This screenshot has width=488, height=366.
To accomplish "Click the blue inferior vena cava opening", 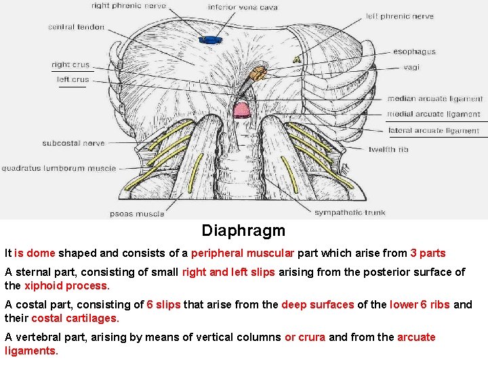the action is [x=210, y=39].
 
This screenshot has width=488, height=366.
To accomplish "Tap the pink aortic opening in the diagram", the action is [x=241, y=108].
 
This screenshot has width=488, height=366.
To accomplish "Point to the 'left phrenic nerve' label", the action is [x=400, y=16].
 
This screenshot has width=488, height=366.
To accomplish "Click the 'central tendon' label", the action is [x=76, y=27].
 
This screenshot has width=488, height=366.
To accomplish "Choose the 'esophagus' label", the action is [x=414, y=52].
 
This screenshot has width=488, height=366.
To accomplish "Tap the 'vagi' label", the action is [x=411, y=67].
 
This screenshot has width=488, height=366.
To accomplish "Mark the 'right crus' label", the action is [x=70, y=65].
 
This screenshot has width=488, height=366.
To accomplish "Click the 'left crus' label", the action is [x=73, y=79].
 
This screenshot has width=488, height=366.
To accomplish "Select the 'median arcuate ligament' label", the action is [x=435, y=99].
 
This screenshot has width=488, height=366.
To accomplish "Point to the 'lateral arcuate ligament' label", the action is [x=434, y=131].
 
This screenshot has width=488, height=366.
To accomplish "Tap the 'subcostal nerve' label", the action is [x=73, y=143].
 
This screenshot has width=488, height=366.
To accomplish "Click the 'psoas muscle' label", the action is [x=137, y=214].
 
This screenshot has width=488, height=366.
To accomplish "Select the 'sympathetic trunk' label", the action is [x=350, y=213].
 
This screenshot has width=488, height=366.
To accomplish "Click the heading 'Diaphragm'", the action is [x=243, y=230].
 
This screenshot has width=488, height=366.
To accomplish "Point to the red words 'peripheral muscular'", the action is [x=242, y=253].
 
